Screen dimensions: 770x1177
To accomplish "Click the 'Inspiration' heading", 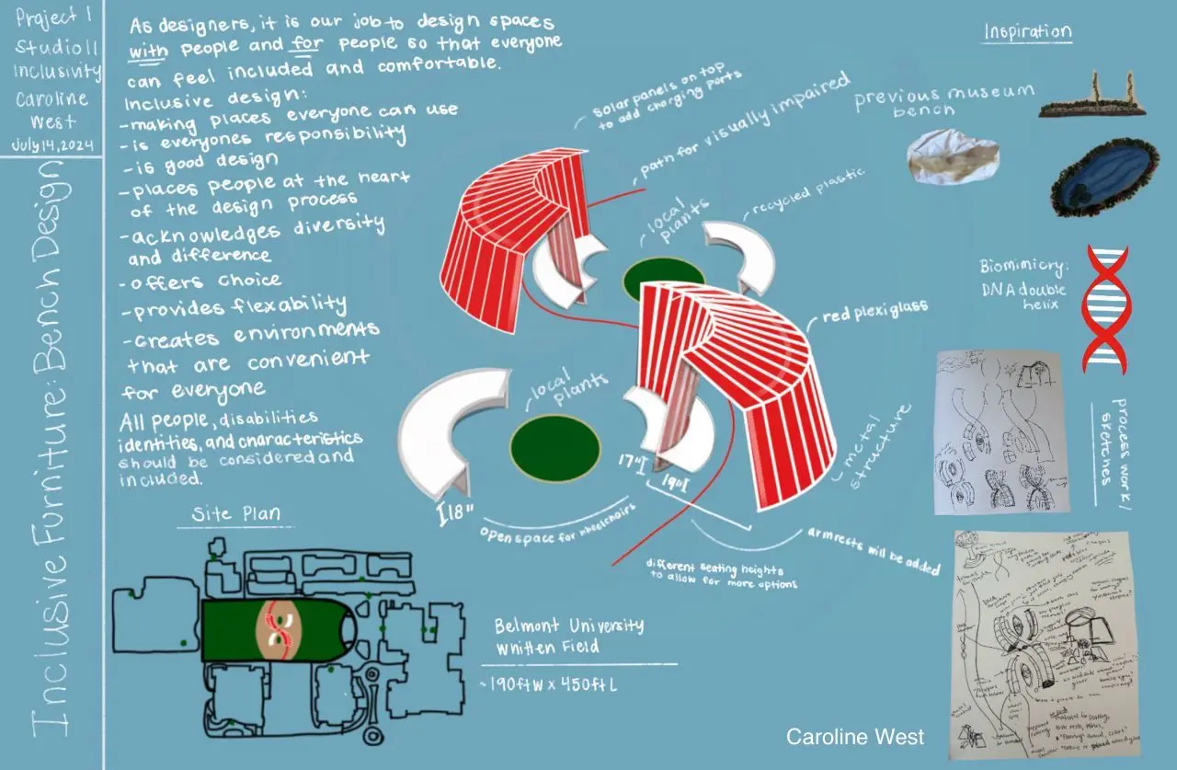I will click(x=1027, y=31).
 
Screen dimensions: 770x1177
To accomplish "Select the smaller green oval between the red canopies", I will click(x=664, y=280).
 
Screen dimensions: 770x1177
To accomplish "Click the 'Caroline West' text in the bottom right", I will click(x=854, y=737).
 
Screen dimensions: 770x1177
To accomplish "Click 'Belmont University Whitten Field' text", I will click(x=568, y=636).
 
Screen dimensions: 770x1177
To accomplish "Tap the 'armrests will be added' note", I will click(x=874, y=551).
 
